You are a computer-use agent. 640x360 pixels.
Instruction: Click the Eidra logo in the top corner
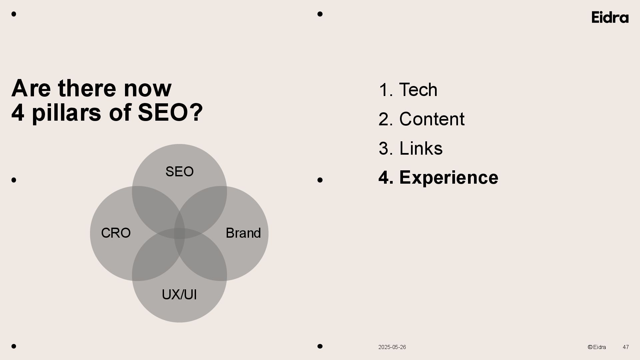click(x=610, y=17)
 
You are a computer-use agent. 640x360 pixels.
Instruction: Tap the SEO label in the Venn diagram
click(x=179, y=172)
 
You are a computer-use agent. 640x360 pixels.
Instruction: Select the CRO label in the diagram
click(x=116, y=233)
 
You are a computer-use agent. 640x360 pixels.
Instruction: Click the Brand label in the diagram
click(x=243, y=233)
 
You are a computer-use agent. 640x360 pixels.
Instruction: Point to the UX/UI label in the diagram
click(x=179, y=295)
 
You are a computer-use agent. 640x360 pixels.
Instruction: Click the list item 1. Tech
click(x=408, y=90)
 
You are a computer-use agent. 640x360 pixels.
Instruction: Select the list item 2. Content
click(x=421, y=119)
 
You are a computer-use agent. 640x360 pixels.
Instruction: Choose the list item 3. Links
click(x=410, y=148)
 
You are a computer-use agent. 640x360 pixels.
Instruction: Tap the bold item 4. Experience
click(x=438, y=177)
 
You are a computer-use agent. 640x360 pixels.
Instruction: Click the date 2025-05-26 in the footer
click(x=392, y=347)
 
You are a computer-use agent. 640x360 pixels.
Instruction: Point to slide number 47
click(x=626, y=347)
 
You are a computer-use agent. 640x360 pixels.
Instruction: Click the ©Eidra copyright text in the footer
click(x=597, y=347)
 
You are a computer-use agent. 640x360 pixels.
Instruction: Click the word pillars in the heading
click(x=66, y=113)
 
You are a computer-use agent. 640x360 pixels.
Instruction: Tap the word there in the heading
click(x=87, y=88)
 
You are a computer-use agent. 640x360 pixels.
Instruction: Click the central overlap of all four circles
click(x=179, y=233)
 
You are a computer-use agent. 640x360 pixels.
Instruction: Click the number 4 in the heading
click(x=18, y=112)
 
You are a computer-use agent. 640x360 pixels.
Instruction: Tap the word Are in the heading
click(x=31, y=88)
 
